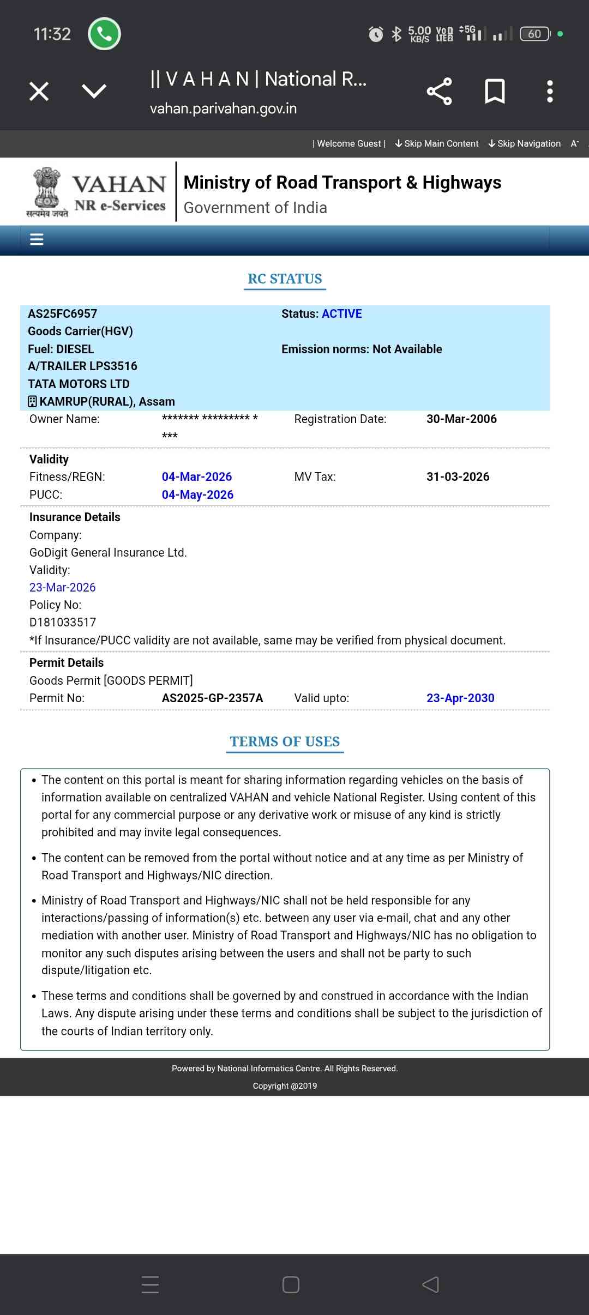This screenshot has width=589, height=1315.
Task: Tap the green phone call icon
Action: [x=104, y=34]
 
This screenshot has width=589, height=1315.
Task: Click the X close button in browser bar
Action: [x=39, y=91]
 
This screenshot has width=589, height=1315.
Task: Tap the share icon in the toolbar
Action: [x=439, y=91]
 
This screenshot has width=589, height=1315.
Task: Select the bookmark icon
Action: [x=495, y=91]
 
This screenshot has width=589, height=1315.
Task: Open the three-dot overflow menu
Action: [x=550, y=91]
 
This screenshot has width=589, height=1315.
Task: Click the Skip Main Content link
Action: [x=437, y=143]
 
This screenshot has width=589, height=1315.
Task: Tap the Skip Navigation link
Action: [x=525, y=143]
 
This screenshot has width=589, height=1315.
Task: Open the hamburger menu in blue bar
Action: [x=37, y=239]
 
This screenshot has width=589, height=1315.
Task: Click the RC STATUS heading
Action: [x=285, y=279]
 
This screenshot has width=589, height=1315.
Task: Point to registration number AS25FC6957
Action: [x=63, y=313]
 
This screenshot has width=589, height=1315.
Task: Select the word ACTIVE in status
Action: [x=342, y=313]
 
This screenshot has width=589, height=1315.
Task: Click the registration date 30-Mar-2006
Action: [x=461, y=419]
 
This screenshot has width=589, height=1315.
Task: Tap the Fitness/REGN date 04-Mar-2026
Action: [x=197, y=476]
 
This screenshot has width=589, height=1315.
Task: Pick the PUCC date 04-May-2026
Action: [x=197, y=494]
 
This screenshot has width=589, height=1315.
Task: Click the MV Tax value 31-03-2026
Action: [x=458, y=476]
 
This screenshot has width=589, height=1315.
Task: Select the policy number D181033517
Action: [x=63, y=622]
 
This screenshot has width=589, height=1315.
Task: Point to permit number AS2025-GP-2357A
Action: [x=212, y=698]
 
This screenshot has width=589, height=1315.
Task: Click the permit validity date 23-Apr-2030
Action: [x=460, y=698]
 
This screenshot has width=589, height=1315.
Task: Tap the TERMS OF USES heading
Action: [x=285, y=741]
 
